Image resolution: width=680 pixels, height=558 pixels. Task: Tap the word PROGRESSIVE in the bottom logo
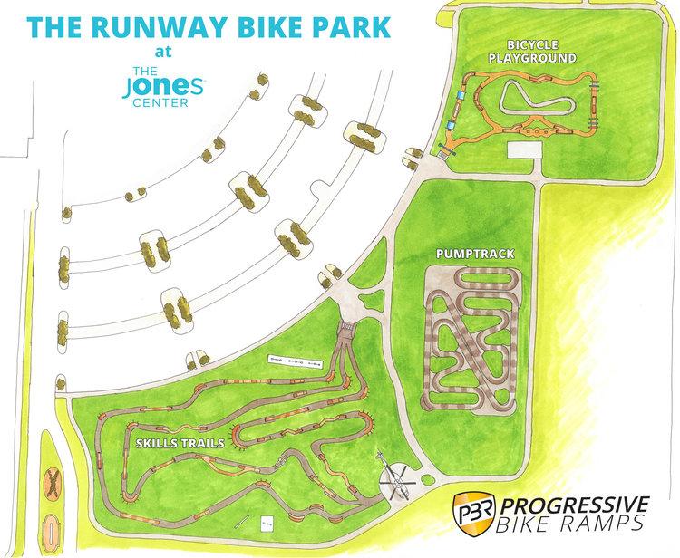[577, 503]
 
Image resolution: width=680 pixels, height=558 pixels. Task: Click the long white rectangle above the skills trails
[295, 361]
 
